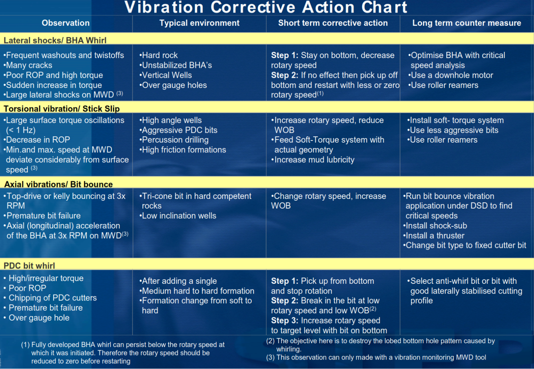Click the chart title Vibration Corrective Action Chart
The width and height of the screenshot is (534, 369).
point(266,8)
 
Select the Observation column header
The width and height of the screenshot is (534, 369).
point(66,23)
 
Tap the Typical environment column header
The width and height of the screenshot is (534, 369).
point(199,23)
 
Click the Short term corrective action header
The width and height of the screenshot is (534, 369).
point(333,23)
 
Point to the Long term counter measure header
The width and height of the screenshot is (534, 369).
point(467,23)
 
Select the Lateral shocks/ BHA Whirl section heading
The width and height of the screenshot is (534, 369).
point(55,40)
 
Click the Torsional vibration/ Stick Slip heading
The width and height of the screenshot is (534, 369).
point(62,109)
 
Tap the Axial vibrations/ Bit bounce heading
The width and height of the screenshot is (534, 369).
point(58,184)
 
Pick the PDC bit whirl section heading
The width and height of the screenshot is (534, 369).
point(29,266)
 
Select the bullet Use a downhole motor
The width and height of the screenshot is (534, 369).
point(451,75)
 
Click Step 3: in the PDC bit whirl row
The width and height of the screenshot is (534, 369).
point(285,321)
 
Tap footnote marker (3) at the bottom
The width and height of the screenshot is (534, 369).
point(271,358)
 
